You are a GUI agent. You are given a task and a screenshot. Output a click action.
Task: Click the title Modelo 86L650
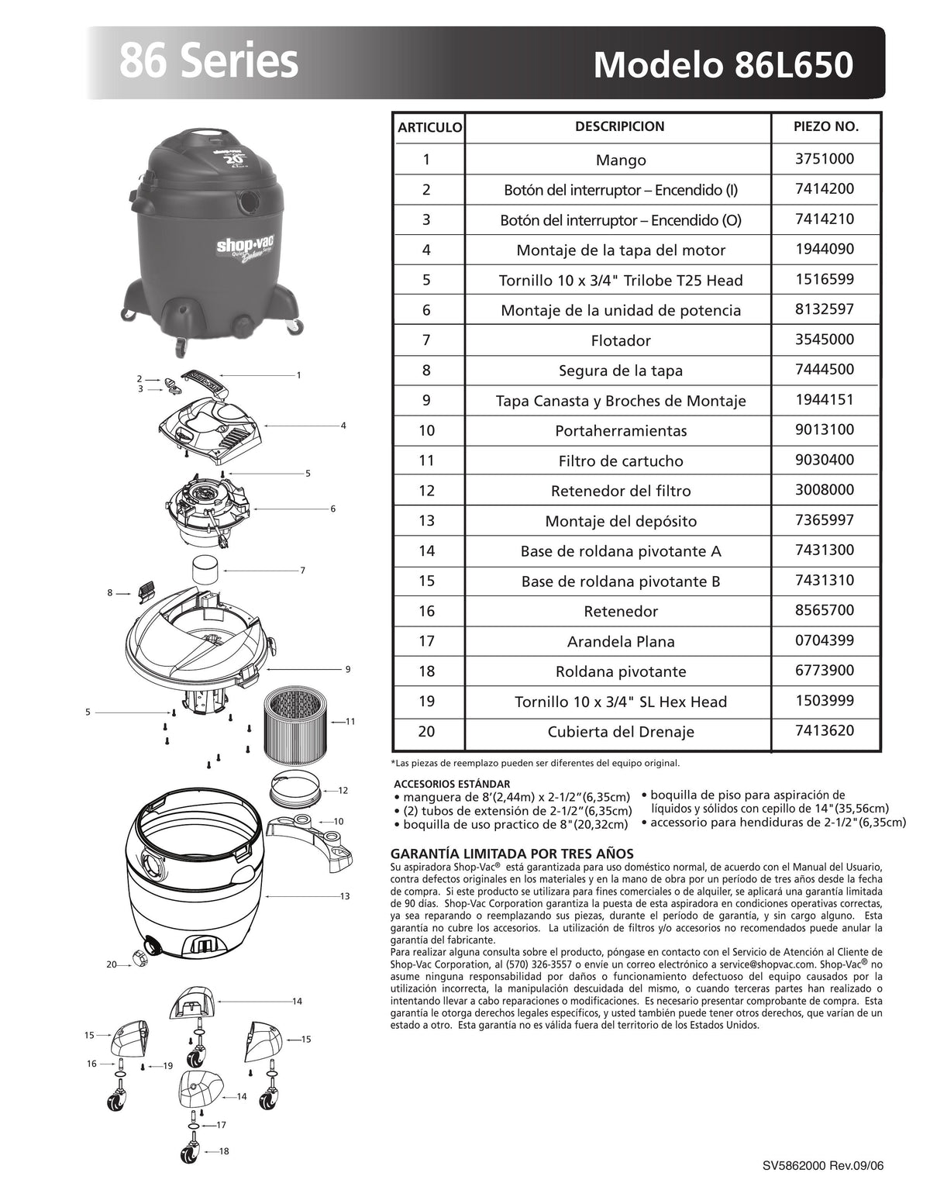click(722, 65)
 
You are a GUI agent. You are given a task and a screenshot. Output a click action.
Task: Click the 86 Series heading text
click(208, 62)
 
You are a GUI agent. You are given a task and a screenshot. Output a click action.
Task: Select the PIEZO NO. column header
click(826, 127)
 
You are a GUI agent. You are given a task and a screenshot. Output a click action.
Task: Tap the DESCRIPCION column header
click(619, 127)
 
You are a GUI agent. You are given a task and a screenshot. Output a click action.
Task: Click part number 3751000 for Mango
click(825, 159)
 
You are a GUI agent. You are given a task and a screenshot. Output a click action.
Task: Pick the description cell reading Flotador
click(621, 340)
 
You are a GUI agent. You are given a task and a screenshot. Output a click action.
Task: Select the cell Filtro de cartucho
click(621, 461)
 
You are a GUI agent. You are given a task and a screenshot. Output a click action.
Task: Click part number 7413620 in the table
click(825, 730)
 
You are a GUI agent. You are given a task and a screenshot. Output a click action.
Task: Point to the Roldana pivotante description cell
click(621, 671)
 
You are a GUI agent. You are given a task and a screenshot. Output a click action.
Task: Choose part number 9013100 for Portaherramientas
click(825, 430)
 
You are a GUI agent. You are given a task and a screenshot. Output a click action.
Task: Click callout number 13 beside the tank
click(345, 896)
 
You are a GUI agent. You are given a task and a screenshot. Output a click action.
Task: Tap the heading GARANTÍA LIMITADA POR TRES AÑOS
click(512, 854)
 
